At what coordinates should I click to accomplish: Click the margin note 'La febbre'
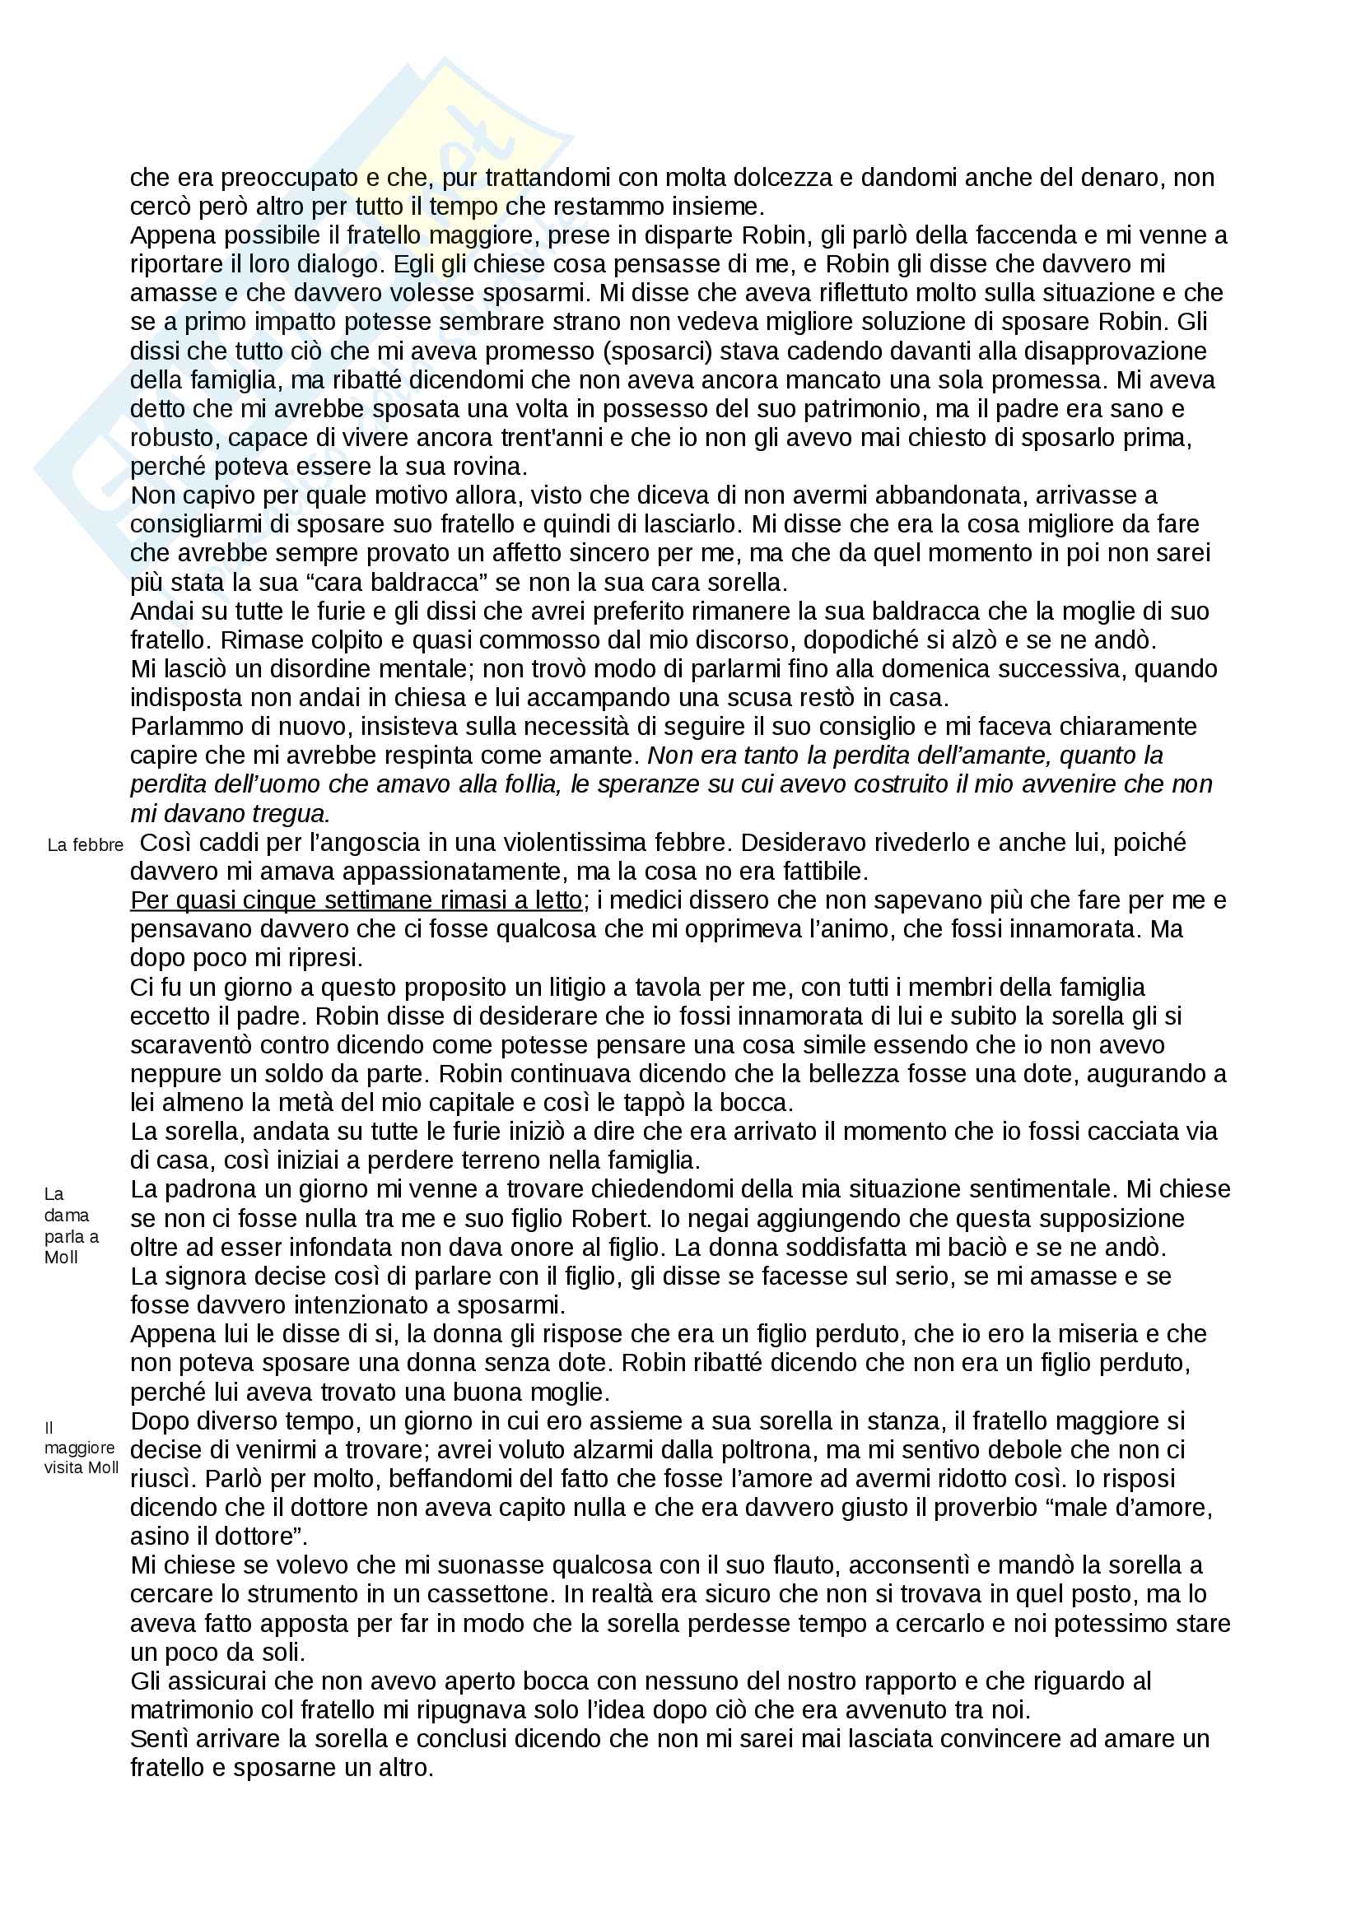tap(85, 845)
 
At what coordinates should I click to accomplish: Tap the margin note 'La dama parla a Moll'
tap(72, 1225)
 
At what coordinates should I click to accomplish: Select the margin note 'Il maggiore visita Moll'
tap(81, 1447)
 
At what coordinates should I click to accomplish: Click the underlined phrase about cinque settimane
tap(356, 900)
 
